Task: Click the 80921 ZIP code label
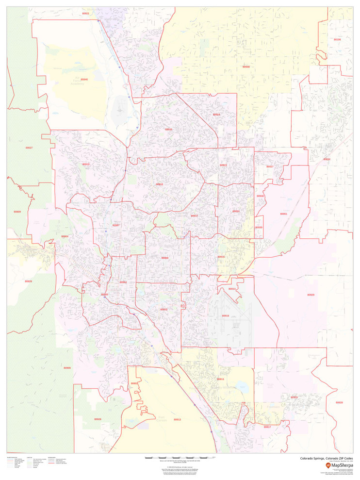tap(86, 13)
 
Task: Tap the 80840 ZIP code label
tap(84, 79)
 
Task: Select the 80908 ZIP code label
tap(246, 66)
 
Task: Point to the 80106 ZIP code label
tap(337, 39)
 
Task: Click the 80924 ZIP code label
tap(216, 115)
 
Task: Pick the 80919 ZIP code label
tap(86, 164)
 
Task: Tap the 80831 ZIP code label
tap(327, 159)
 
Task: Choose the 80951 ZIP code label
tap(284, 214)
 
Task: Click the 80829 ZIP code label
tap(29, 281)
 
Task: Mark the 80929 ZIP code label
tap(311, 295)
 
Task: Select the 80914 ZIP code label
tap(232, 289)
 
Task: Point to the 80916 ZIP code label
tap(225, 315)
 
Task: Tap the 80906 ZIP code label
tap(67, 368)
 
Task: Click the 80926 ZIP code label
tap(98, 419)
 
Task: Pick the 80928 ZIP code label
tap(339, 402)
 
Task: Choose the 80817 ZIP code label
tap(267, 427)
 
